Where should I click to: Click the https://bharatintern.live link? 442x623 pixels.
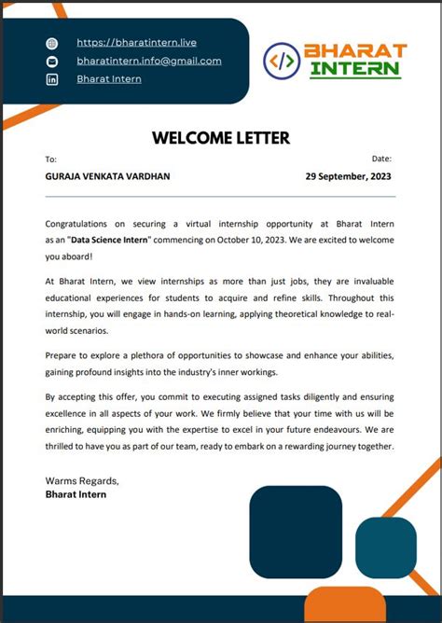[136, 42]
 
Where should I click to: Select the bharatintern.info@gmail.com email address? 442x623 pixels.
[149, 61]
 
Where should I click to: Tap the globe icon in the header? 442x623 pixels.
[52, 43]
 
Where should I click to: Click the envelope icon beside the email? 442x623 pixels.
[52, 62]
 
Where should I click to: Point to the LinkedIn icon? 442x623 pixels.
[52, 79]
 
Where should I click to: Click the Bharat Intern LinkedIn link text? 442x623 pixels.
[109, 79]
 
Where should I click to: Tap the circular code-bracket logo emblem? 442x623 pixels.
[283, 61]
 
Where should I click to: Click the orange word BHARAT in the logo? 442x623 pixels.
[358, 49]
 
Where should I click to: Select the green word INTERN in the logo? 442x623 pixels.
[355, 69]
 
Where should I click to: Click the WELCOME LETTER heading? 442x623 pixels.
[221, 138]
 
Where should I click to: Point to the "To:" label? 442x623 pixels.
[51, 159]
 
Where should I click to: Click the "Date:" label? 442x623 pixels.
[381, 159]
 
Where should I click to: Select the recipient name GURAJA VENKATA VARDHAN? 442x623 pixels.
[107, 176]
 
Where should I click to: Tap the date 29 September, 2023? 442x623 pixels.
[349, 176]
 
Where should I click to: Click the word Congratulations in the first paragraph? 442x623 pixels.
[82, 224]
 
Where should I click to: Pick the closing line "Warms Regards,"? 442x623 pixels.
[82, 480]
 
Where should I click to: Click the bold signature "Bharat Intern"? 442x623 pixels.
[76, 494]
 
